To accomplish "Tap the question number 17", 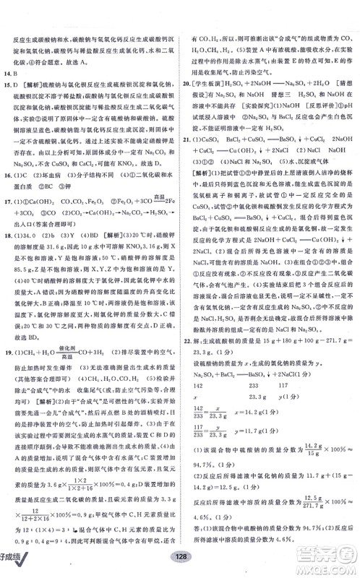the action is (x=9, y=191).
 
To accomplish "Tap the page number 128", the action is (x=179, y=567).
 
